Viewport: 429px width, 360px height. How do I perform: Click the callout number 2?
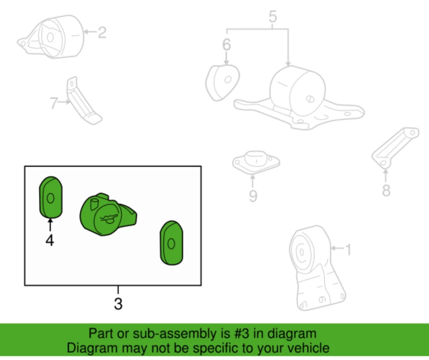coord(102,33)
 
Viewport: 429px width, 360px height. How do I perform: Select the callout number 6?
coord(226,45)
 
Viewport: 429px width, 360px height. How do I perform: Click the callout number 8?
coord(386,190)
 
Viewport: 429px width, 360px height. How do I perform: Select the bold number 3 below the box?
coord(118,304)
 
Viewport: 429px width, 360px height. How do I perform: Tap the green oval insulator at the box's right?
coord(171,243)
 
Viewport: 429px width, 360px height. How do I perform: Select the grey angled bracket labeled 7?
coord(82,102)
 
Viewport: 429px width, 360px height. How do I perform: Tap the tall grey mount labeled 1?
coord(316,268)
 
